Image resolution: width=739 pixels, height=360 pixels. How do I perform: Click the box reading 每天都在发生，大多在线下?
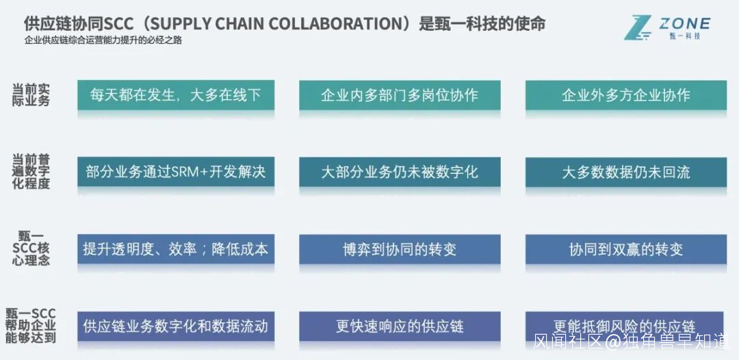[176, 95]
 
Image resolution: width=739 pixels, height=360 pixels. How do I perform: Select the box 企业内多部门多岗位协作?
[400, 95]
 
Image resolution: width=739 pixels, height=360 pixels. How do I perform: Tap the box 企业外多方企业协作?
[626, 95]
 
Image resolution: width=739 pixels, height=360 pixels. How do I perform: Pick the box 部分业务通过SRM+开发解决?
[176, 172]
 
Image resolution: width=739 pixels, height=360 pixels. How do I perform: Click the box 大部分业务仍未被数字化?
[400, 172]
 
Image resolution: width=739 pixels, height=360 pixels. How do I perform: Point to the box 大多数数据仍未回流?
[626, 172]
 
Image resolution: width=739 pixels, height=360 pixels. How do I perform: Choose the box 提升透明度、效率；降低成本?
[176, 249]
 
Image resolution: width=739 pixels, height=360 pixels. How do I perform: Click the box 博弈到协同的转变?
[400, 249]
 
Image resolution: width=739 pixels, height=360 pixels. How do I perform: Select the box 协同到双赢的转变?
[626, 249]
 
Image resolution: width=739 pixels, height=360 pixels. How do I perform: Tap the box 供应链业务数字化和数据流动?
[176, 326]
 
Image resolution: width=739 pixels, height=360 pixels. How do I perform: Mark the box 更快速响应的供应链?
[400, 326]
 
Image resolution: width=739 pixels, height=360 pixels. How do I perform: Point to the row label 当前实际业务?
[31, 95]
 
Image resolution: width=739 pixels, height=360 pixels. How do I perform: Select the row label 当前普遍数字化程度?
[31, 172]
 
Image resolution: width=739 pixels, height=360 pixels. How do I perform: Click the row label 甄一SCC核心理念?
[31, 248]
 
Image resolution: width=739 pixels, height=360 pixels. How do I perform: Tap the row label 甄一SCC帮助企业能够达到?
[31, 326]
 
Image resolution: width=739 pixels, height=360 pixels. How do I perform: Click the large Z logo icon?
[638, 27]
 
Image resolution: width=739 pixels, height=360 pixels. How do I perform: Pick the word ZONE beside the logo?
[685, 23]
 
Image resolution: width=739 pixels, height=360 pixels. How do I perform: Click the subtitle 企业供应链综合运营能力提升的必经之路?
[103, 40]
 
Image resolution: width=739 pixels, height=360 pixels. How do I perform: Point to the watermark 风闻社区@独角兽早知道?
[632, 341]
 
